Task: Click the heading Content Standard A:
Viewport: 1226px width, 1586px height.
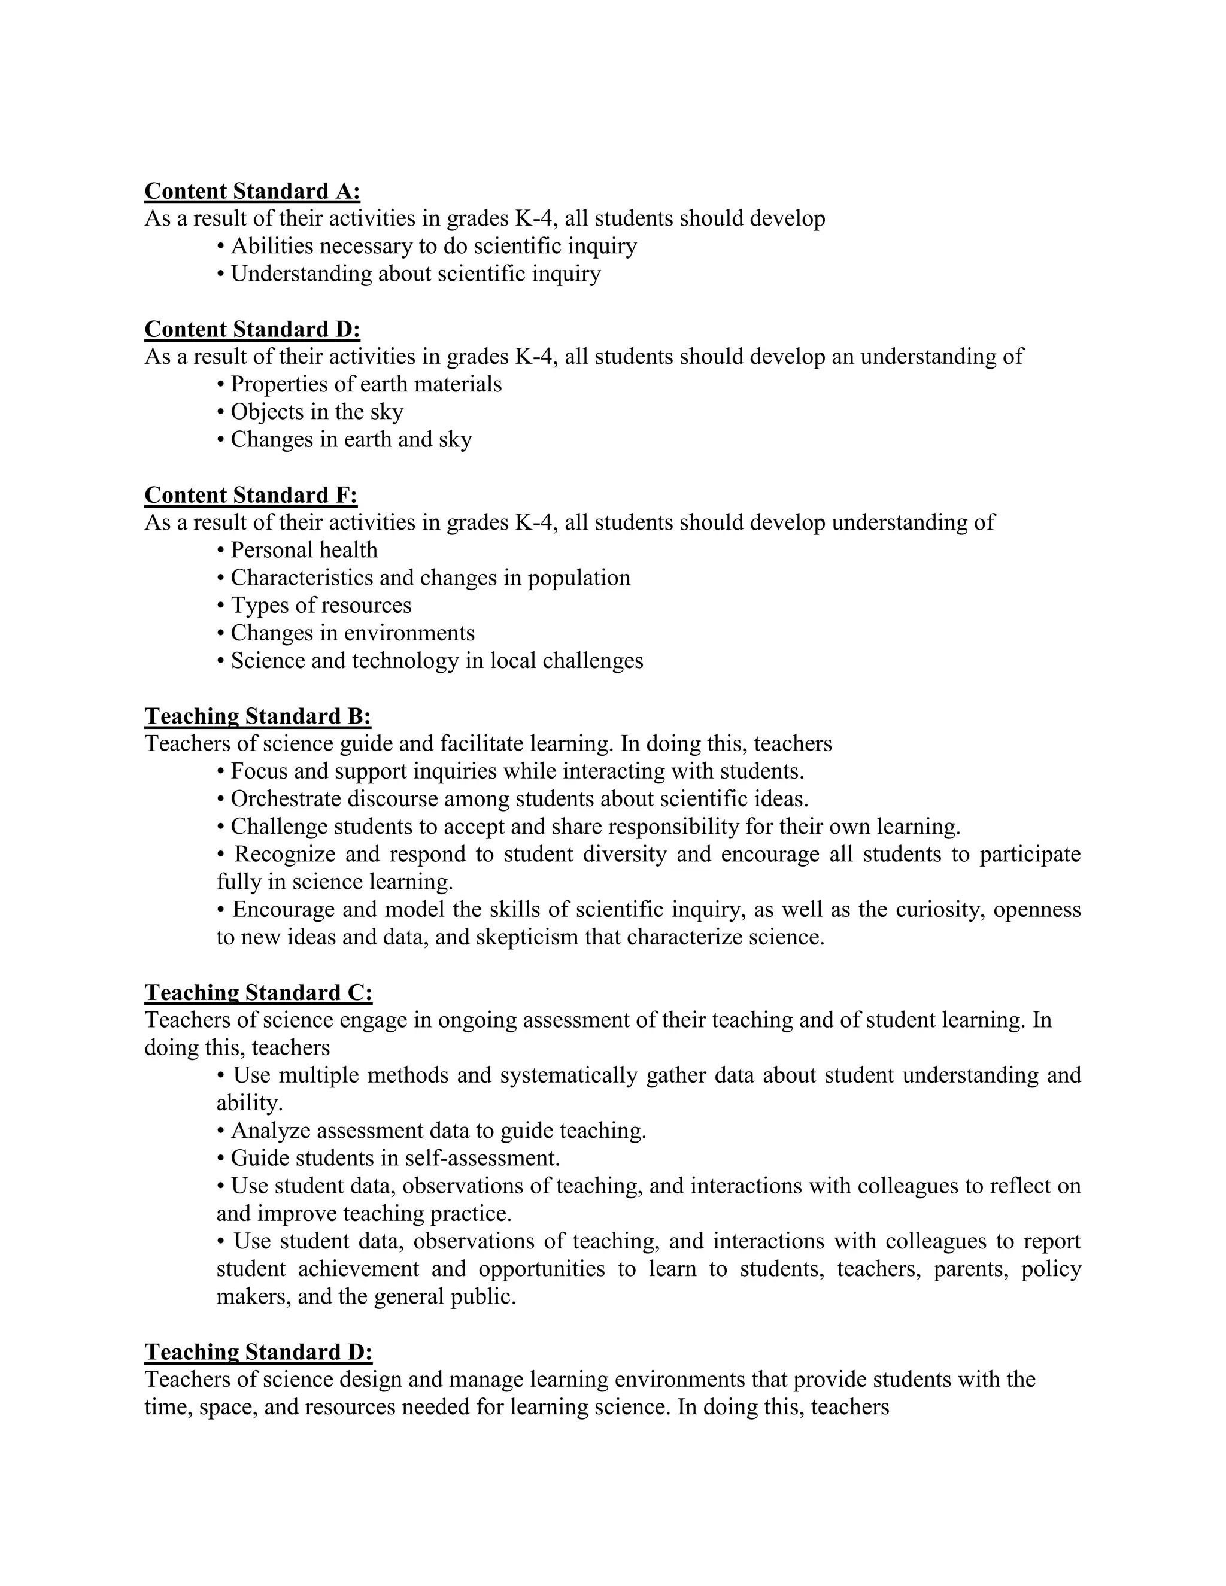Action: (252, 191)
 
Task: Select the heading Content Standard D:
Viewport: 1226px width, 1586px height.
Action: (252, 329)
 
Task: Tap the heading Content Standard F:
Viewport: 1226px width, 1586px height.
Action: (251, 496)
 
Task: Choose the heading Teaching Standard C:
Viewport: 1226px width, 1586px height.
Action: (259, 993)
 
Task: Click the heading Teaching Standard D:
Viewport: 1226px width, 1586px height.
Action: (259, 1351)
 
